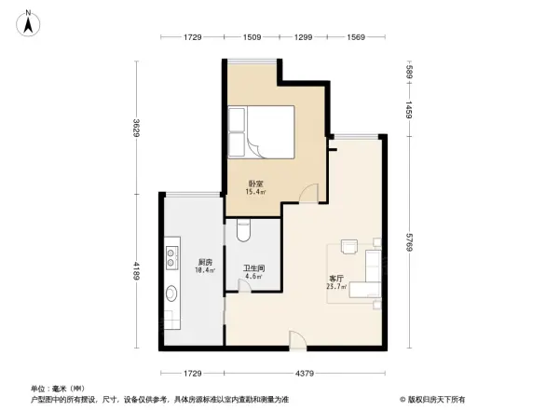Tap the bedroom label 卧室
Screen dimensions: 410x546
254,184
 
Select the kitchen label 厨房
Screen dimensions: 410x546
205,264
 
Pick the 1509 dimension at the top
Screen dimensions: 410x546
252,37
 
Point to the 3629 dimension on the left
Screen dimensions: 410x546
135,129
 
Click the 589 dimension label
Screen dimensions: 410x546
408,71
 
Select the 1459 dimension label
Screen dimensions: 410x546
408,109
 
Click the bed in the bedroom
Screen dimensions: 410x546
261,131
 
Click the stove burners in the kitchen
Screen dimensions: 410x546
172,252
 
